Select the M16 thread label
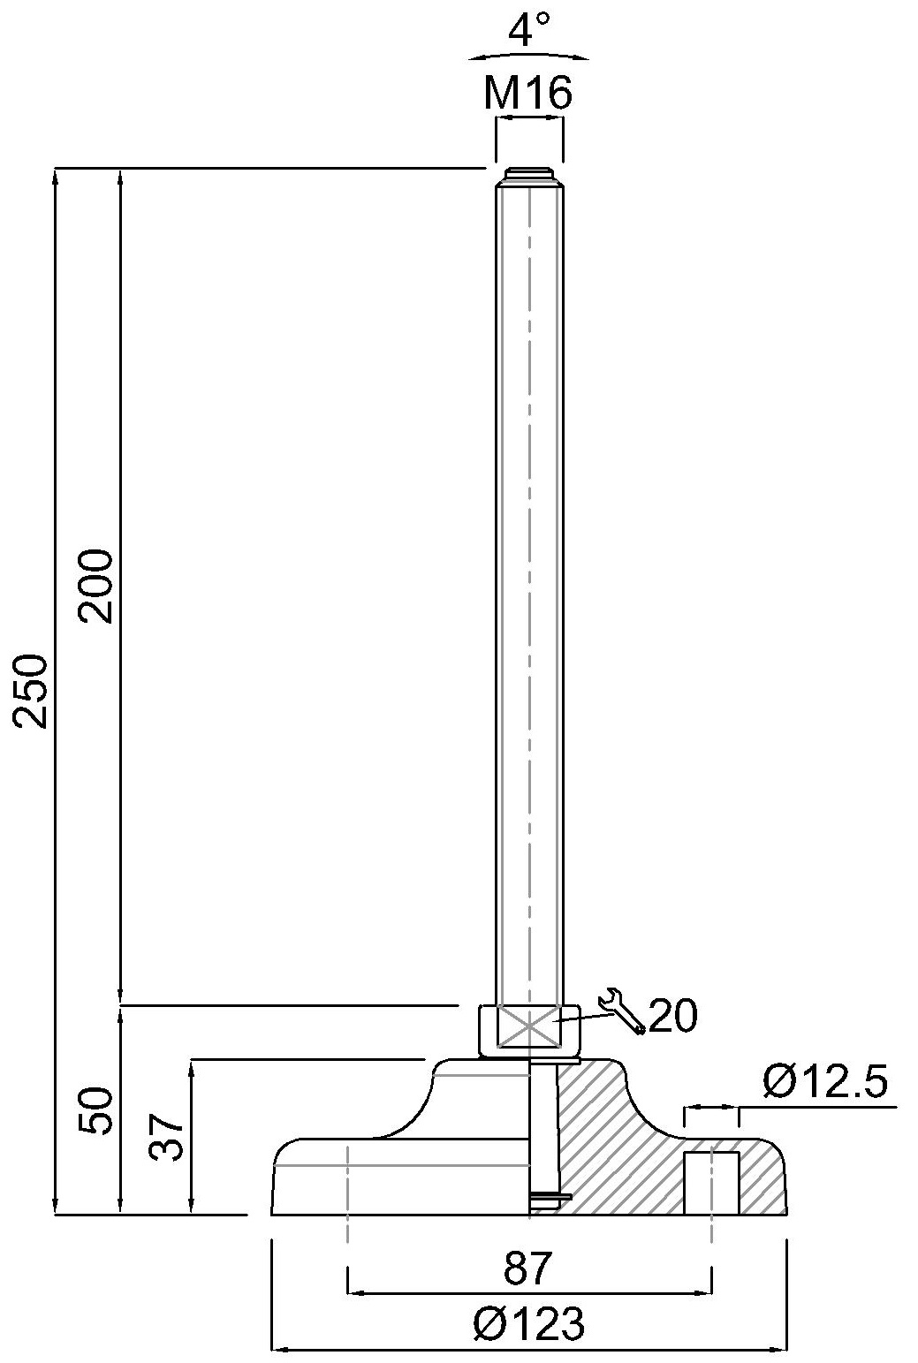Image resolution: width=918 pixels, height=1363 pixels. (x=528, y=93)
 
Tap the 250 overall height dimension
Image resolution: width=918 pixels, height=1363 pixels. (x=30, y=691)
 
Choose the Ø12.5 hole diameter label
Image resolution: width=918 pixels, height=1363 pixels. (x=825, y=1081)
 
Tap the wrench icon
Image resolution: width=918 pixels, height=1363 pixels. (x=621, y=1012)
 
